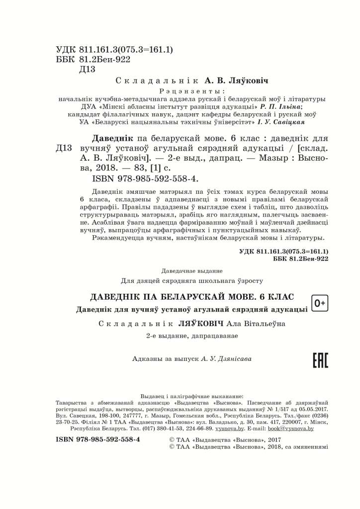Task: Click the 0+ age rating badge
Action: pyautogui.click(x=320, y=303)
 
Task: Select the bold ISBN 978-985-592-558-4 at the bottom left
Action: pyautogui.click(x=98, y=439)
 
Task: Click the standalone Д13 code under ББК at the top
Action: pyautogui.click(x=87, y=70)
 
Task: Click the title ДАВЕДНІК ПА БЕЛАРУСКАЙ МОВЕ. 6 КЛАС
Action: pyautogui.click(x=192, y=297)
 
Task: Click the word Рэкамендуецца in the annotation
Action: pyautogui.click(x=116, y=239)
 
